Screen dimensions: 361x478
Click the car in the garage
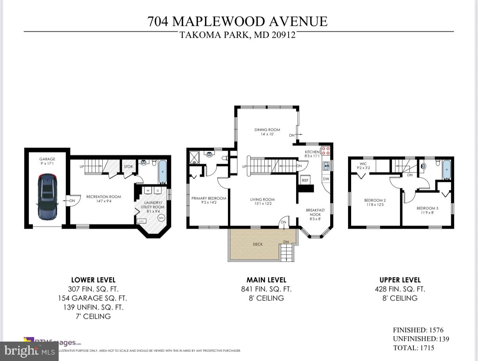click(47, 197)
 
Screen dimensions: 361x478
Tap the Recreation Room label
click(103, 197)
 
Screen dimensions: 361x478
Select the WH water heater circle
click(161, 218)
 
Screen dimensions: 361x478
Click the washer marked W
click(147, 191)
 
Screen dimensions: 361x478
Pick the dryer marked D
click(157, 191)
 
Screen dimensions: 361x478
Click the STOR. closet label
click(128, 167)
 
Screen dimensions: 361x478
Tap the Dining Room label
click(267, 130)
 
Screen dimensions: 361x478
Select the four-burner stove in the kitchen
click(325, 151)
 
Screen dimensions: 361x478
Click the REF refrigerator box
click(305, 180)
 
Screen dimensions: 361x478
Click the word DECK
click(258, 244)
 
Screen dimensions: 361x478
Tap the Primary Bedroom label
click(209, 199)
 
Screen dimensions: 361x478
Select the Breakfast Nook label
click(315, 212)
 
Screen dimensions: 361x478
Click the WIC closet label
click(363, 164)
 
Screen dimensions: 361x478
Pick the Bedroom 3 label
click(427, 208)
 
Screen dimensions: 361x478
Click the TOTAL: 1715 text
click(413, 348)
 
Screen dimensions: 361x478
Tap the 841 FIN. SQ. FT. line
click(266, 289)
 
